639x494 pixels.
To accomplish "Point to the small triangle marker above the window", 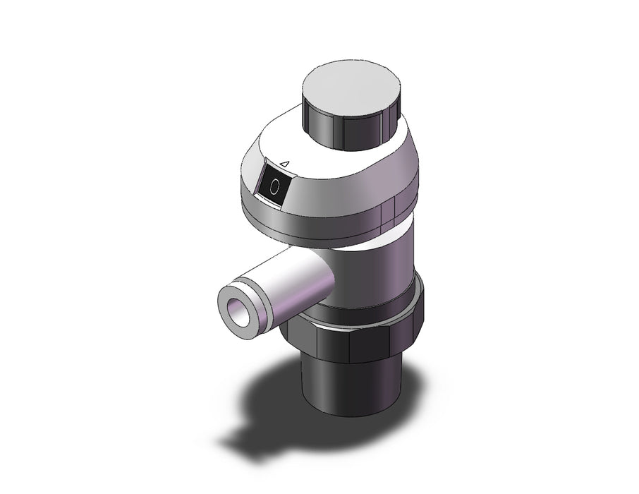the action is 285,164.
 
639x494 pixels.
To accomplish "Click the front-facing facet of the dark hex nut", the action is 369,343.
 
